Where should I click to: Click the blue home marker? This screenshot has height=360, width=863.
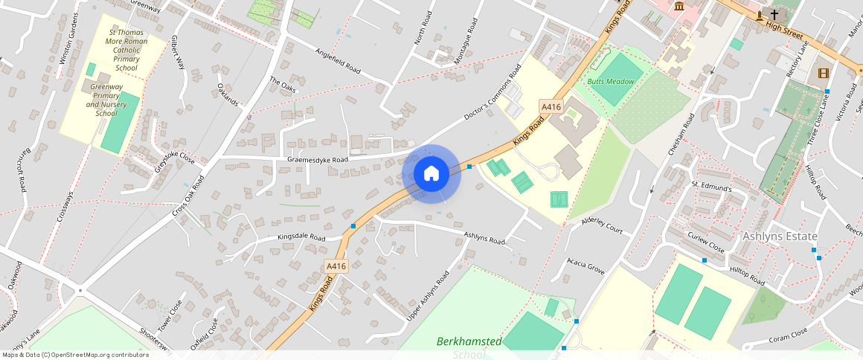pos(431,174)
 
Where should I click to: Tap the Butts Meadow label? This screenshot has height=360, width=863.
pos(610,81)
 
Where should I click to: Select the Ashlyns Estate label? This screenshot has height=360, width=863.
pos(780,237)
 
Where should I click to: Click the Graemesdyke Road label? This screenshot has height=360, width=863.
pos(317,160)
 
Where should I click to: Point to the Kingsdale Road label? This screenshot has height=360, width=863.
pos(301,238)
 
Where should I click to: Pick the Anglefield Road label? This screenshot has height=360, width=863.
pos(338,62)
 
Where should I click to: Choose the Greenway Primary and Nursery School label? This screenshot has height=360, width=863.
pos(106,100)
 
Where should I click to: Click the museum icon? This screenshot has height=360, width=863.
pos(679,7)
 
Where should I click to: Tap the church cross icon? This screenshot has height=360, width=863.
pos(774,14)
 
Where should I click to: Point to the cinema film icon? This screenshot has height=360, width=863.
pos(822,73)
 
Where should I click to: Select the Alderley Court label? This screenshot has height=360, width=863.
pos(602,226)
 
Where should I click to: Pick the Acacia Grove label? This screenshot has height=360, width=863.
pos(586,264)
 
